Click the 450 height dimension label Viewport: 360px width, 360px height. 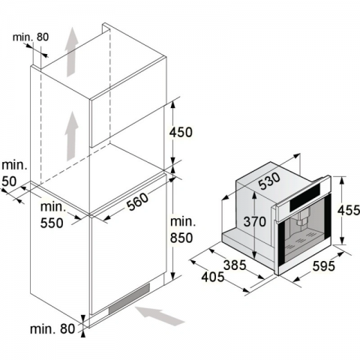[181, 132]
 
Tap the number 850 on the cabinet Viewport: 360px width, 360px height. [181, 238]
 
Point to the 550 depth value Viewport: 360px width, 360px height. [52, 223]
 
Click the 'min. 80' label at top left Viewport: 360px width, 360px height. [31, 37]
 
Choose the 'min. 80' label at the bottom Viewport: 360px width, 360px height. [52, 328]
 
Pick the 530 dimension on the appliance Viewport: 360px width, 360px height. [269, 181]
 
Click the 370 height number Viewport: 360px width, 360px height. [255, 221]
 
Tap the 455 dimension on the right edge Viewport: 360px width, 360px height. [349, 210]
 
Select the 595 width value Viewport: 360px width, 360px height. [323, 266]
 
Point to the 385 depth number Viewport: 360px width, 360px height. [235, 265]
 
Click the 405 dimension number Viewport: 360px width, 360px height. [213, 277]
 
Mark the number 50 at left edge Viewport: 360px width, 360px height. [9, 181]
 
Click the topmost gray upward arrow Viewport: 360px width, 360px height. [72, 52]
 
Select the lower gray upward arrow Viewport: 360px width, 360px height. [72, 136]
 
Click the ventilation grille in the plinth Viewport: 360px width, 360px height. [129, 299]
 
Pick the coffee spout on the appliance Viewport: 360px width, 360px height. [302, 219]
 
